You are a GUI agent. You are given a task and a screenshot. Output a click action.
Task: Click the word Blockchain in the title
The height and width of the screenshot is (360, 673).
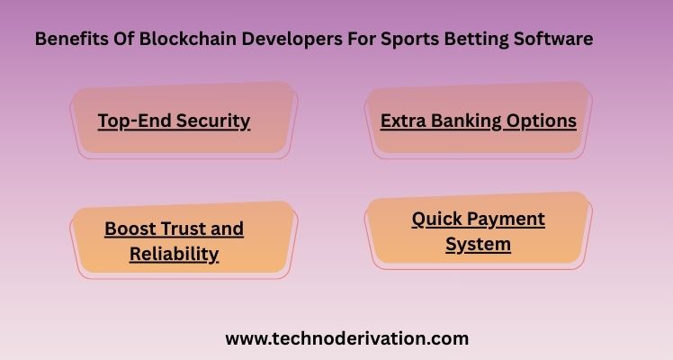pos(188,39)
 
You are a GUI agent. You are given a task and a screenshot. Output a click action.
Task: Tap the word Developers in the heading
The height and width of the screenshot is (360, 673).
pos(292,40)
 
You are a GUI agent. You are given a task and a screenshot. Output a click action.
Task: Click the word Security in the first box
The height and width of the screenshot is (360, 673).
pos(213,121)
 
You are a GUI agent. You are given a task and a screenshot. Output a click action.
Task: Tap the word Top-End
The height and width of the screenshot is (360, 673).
pos(135,121)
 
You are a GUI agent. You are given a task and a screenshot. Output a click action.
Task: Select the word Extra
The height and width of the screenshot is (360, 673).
pos(403,121)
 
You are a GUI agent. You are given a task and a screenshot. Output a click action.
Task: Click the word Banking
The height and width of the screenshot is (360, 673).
pos(466,121)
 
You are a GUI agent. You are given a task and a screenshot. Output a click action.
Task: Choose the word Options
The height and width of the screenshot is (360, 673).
pos(542,121)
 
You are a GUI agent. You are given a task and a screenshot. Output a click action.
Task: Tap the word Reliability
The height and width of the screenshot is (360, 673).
pos(175,255)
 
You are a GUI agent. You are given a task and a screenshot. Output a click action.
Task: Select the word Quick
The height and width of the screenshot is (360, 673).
pos(436,220)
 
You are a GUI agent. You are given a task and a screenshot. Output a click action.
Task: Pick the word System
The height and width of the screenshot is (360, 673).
pos(478,245)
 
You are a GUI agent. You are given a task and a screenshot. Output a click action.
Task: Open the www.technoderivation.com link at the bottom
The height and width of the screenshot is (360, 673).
pos(346,339)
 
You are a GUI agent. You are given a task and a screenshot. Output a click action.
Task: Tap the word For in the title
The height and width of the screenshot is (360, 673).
pos(362,39)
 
